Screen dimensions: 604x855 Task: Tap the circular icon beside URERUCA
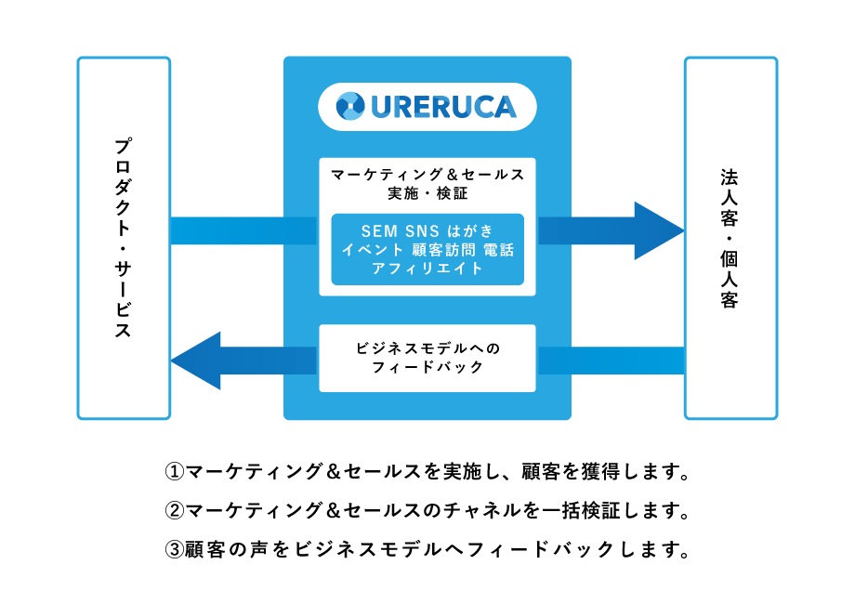click(350, 107)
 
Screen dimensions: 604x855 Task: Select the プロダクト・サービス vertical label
click(123, 238)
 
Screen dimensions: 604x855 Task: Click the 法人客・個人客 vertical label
click(730, 238)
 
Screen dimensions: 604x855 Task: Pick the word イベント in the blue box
click(371, 249)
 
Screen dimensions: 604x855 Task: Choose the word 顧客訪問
click(440, 249)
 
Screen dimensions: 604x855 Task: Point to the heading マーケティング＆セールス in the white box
click(427, 174)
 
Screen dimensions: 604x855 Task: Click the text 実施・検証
click(427, 194)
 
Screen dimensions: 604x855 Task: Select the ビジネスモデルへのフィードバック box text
click(427, 358)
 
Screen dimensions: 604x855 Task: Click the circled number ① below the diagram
click(175, 471)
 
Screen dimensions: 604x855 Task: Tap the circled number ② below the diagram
click(175, 510)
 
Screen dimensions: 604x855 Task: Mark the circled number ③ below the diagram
click(175, 549)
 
